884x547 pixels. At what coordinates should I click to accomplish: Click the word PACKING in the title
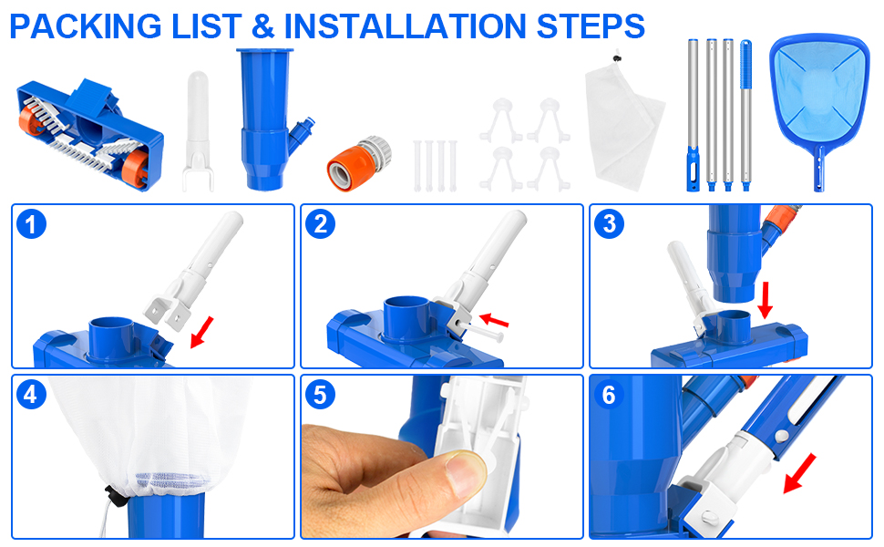coord(86,26)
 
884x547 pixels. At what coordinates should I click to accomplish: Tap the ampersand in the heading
coord(262,26)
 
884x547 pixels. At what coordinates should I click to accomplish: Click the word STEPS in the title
coord(591,26)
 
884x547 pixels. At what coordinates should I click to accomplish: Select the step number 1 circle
coord(32,224)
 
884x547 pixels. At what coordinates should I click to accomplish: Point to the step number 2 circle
coord(320,224)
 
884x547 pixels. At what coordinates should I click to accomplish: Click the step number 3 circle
coord(609,224)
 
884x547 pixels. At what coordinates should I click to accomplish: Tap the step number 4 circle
coord(32,394)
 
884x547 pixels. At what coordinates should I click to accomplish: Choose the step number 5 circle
coord(320,394)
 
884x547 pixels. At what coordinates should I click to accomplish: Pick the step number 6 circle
coord(609,394)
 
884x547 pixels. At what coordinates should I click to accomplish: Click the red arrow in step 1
coord(201,332)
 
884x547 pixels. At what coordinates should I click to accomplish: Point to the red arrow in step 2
coord(493,320)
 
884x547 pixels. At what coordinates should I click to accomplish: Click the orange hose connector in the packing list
coord(359,163)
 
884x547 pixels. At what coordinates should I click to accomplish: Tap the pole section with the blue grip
coord(745,116)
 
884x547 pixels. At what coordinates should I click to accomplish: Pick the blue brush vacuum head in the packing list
coord(90,135)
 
